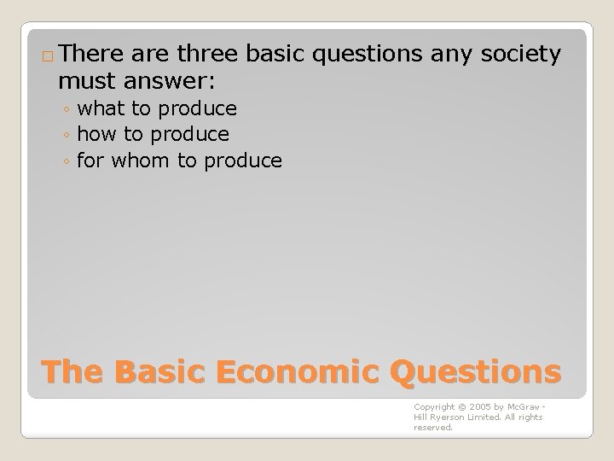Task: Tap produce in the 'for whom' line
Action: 241,160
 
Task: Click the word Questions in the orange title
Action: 475,372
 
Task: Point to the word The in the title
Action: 71,372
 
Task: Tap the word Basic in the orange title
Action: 155,372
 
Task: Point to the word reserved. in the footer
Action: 433,428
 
